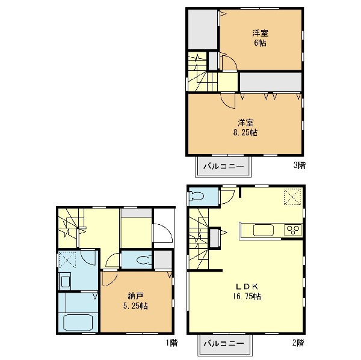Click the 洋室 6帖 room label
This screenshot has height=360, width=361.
pyautogui.click(x=260, y=38)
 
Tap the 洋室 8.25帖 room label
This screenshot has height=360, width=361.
pyautogui.click(x=245, y=127)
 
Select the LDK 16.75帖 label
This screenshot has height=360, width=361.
pyautogui.click(x=247, y=291)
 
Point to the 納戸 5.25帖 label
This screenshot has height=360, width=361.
pyautogui.click(x=135, y=301)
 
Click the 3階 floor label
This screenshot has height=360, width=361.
pyautogui.click(x=299, y=165)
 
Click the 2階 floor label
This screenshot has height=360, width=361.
pyautogui.click(x=298, y=343)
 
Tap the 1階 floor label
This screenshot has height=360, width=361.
pyautogui.click(x=171, y=343)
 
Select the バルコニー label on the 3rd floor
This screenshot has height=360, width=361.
pyautogui.click(x=223, y=166)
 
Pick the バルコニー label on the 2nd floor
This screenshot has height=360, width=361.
pyautogui.click(x=224, y=344)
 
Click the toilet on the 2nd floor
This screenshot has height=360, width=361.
pyautogui.click(x=196, y=197)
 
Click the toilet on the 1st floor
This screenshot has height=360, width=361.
pyautogui.click(x=144, y=260)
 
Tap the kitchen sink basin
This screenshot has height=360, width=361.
pyautogui.click(x=264, y=230)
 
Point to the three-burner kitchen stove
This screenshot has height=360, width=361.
pyautogui.click(x=293, y=230)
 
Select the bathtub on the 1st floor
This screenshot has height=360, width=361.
pyautogui.click(x=78, y=323)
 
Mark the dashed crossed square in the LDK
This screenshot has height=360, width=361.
pyautogui.click(x=292, y=197)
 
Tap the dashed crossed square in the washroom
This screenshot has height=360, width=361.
pyautogui.click(x=67, y=259)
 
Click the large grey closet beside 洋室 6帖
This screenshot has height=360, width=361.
pyautogui.click(x=203, y=29)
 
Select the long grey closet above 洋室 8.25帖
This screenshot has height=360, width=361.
pyautogui.click(x=271, y=82)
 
